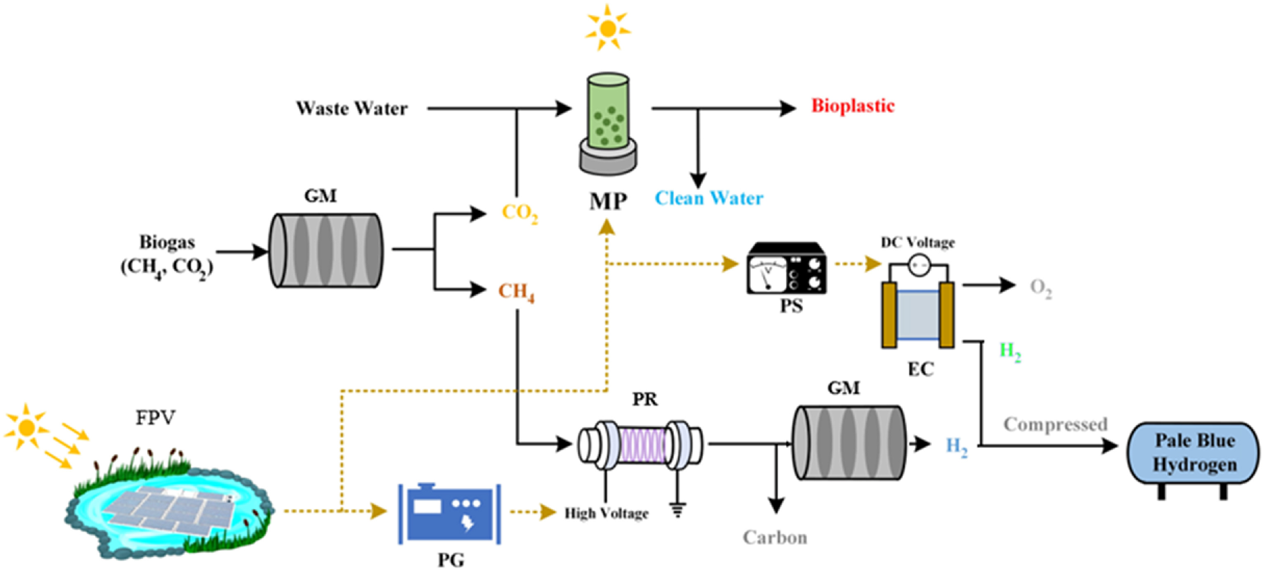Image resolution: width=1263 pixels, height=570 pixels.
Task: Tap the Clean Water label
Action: click(709, 198)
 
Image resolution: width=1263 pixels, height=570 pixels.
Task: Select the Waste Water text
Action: click(351, 108)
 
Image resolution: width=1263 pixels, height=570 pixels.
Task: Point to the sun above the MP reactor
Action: click(608, 28)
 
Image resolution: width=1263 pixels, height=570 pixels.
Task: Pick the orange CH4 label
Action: click(516, 292)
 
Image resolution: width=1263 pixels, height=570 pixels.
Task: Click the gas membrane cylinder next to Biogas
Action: click(326, 250)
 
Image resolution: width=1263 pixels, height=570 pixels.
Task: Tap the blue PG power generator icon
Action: click(450, 513)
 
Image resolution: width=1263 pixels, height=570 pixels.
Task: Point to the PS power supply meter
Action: click(786, 269)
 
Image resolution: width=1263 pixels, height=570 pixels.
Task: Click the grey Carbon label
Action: click(775, 538)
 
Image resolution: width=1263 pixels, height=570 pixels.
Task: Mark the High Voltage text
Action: click(606, 513)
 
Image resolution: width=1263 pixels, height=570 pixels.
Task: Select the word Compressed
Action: click(1055, 424)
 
